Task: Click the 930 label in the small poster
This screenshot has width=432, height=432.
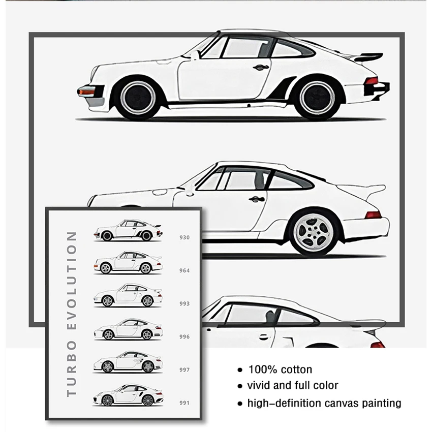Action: coord(184,237)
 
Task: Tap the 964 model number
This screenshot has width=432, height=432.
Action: coord(184,270)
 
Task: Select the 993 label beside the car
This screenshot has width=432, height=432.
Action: coord(184,303)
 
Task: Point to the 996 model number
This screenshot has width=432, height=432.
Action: coord(184,336)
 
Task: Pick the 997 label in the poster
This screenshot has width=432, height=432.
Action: coord(184,370)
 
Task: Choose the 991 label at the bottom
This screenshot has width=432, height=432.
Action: coord(184,403)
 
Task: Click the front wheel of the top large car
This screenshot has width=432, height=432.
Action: coord(137,98)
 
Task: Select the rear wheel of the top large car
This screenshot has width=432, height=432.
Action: coord(317,98)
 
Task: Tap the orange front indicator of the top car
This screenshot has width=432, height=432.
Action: coord(86,91)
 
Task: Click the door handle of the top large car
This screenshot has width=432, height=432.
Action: coord(260,67)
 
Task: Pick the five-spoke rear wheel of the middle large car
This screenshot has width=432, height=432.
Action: coord(314,233)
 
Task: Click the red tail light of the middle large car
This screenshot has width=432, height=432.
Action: coord(373,214)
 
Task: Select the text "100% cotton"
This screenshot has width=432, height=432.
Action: coord(280,369)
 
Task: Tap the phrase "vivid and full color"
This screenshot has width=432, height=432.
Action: coord(293,386)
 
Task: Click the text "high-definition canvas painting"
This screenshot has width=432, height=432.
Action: coord(324,404)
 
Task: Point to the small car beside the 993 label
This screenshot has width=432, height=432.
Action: coord(127,296)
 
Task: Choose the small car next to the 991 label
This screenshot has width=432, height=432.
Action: coord(127,396)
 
